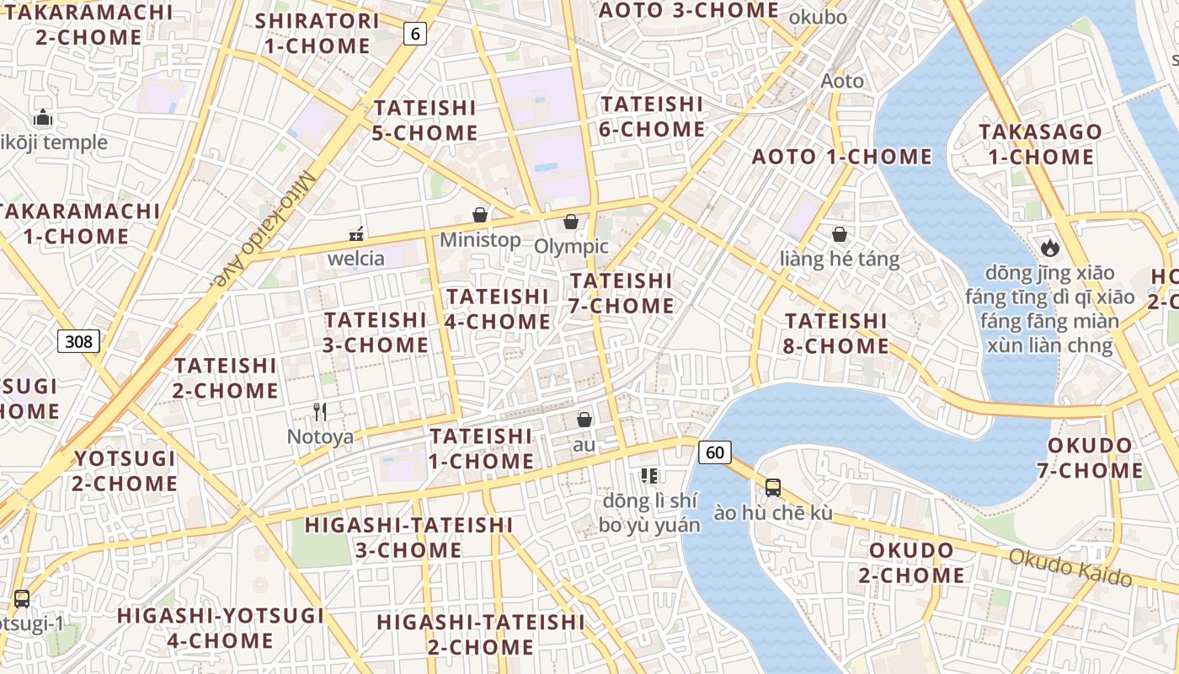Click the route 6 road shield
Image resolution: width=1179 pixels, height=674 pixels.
coord(414,34)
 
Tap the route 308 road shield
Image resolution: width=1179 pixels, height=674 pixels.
coord(79,341)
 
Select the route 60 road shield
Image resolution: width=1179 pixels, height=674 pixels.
coord(714,452)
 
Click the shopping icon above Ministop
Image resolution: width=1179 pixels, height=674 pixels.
coord(480,215)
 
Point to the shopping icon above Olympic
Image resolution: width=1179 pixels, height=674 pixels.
coord(571,222)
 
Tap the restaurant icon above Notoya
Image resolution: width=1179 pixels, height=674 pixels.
coord(320,411)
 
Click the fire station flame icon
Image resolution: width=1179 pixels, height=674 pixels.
coord(1048,247)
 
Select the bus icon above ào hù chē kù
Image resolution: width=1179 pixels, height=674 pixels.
coord(772,487)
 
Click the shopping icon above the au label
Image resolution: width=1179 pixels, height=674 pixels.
coord(584,419)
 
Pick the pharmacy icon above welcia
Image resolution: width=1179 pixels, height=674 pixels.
coord(356,233)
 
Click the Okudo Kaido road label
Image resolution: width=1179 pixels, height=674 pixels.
coord(1070,566)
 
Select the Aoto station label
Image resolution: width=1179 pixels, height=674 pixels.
coord(842,81)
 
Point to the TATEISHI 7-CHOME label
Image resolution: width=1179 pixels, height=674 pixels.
coord(621,293)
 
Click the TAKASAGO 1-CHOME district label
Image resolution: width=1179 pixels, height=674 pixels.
coord(1040,144)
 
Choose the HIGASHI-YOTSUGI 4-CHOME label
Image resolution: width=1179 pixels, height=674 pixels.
coord(221,628)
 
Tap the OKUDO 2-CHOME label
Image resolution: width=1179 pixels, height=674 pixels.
coord(911,563)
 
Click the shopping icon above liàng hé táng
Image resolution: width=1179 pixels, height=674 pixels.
coord(839,233)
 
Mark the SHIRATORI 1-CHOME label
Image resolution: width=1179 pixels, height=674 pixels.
coord(317,33)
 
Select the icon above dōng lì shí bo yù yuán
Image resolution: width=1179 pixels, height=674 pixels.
coord(648,476)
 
